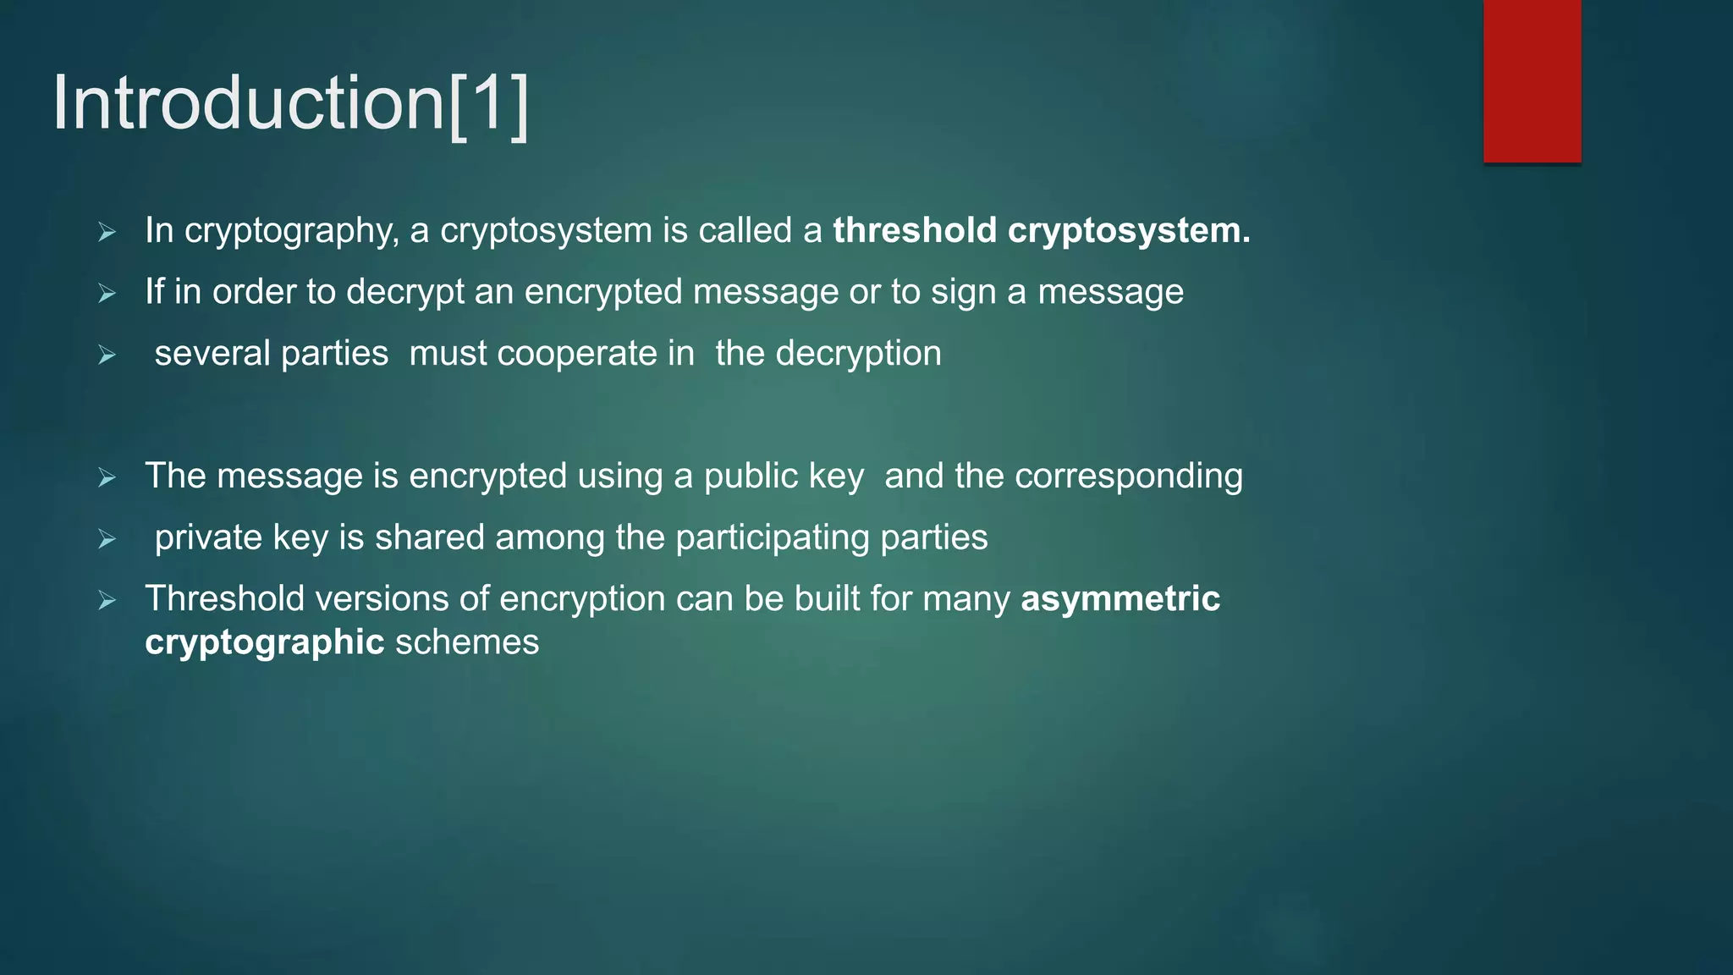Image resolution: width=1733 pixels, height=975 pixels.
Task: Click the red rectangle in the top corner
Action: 1532,80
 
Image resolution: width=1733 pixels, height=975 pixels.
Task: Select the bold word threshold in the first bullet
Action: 915,230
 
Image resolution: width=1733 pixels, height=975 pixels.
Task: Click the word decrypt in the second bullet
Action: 405,293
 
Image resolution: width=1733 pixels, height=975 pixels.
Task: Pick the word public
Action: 751,476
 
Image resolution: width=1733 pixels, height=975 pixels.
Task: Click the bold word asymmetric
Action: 1120,598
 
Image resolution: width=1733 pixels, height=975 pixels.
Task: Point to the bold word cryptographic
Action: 265,642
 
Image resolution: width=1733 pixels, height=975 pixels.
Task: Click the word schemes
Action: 467,642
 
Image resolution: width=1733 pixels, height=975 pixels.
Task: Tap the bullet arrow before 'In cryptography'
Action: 107,232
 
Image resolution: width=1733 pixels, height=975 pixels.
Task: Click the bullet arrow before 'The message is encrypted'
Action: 107,477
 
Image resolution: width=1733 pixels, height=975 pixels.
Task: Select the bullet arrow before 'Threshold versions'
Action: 107,600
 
